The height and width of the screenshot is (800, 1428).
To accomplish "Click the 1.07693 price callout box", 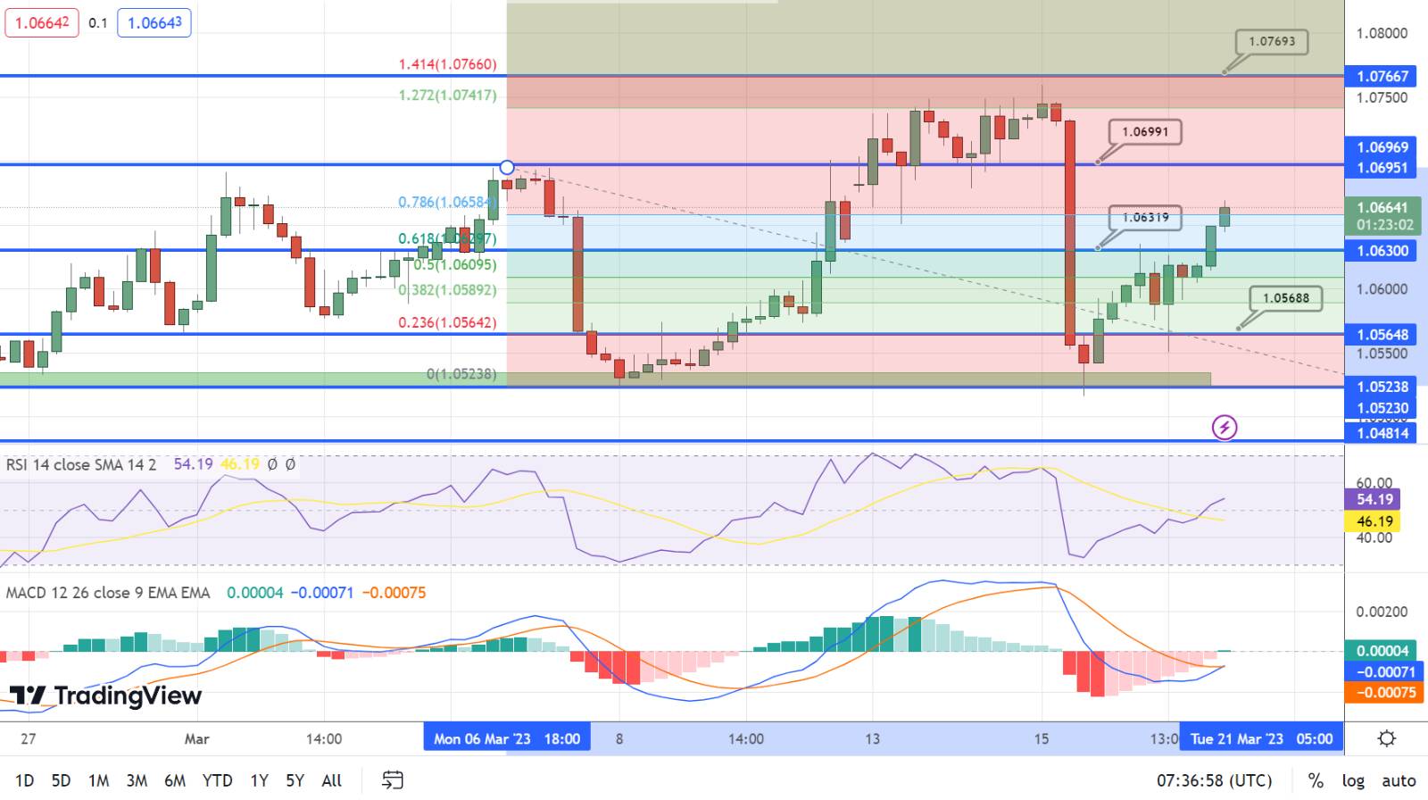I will click(x=1272, y=42).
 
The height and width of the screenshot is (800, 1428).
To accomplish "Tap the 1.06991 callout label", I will click(x=1145, y=132).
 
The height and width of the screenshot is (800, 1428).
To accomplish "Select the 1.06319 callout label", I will click(x=1145, y=218).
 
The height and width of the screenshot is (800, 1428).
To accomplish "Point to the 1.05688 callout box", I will click(x=1285, y=298).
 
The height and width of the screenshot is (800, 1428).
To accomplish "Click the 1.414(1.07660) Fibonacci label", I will click(x=447, y=64).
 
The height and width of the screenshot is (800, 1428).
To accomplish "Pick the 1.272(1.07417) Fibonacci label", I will click(x=447, y=95).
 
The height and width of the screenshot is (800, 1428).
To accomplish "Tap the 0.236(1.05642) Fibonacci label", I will click(x=447, y=322).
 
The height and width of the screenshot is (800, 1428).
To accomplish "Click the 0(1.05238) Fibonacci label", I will click(x=461, y=374).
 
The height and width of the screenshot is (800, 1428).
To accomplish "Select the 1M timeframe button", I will click(x=98, y=780).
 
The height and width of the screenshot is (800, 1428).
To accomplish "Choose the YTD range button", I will click(x=217, y=780).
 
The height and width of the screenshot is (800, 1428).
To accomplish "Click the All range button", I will click(x=331, y=780).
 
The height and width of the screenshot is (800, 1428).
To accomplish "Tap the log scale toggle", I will click(x=1353, y=780).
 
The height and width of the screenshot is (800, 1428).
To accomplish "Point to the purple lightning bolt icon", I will click(x=1225, y=428).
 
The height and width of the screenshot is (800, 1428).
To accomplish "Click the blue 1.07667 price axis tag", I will click(x=1382, y=77).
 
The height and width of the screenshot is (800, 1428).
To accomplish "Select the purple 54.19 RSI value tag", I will click(x=1374, y=499).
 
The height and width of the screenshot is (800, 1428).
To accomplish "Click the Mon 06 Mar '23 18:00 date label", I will click(x=507, y=738).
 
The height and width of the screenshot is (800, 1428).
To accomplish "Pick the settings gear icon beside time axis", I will click(x=1386, y=738).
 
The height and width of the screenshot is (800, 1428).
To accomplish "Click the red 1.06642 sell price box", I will click(x=42, y=23).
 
